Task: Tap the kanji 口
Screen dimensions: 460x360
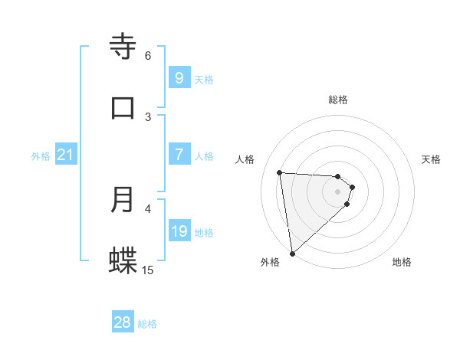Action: pyautogui.click(x=123, y=108)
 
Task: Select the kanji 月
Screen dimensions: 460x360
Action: pyautogui.click(x=123, y=200)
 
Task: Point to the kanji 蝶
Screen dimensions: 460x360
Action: pyautogui.click(x=123, y=261)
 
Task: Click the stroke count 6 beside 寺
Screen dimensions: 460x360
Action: pyautogui.click(x=148, y=55)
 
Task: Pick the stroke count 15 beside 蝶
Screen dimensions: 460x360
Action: pyautogui.click(x=148, y=270)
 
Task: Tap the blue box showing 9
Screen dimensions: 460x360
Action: pyautogui.click(x=179, y=77)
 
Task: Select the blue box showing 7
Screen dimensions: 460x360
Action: pyautogui.click(x=179, y=154)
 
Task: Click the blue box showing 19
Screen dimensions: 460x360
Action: pyautogui.click(x=179, y=231)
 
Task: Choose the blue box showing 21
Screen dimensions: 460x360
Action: pyautogui.click(x=66, y=155)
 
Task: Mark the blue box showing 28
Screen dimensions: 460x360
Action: pyautogui.click(x=123, y=322)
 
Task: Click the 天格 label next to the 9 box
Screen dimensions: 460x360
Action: pyautogui.click(x=204, y=79)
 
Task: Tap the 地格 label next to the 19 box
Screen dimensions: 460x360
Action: pyautogui.click(x=204, y=232)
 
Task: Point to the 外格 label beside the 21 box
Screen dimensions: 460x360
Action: pyautogui.click(x=41, y=155)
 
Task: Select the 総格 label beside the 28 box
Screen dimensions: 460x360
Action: pyautogui.click(x=147, y=324)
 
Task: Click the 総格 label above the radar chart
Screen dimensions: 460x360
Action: pyautogui.click(x=338, y=100)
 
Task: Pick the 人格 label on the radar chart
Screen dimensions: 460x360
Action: pyautogui.click(x=245, y=159)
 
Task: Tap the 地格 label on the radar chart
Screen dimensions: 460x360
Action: pyautogui.click(x=402, y=262)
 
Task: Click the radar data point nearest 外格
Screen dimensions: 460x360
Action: pyautogui.click(x=292, y=252)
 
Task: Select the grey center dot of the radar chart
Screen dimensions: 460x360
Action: pyautogui.click(x=338, y=191)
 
